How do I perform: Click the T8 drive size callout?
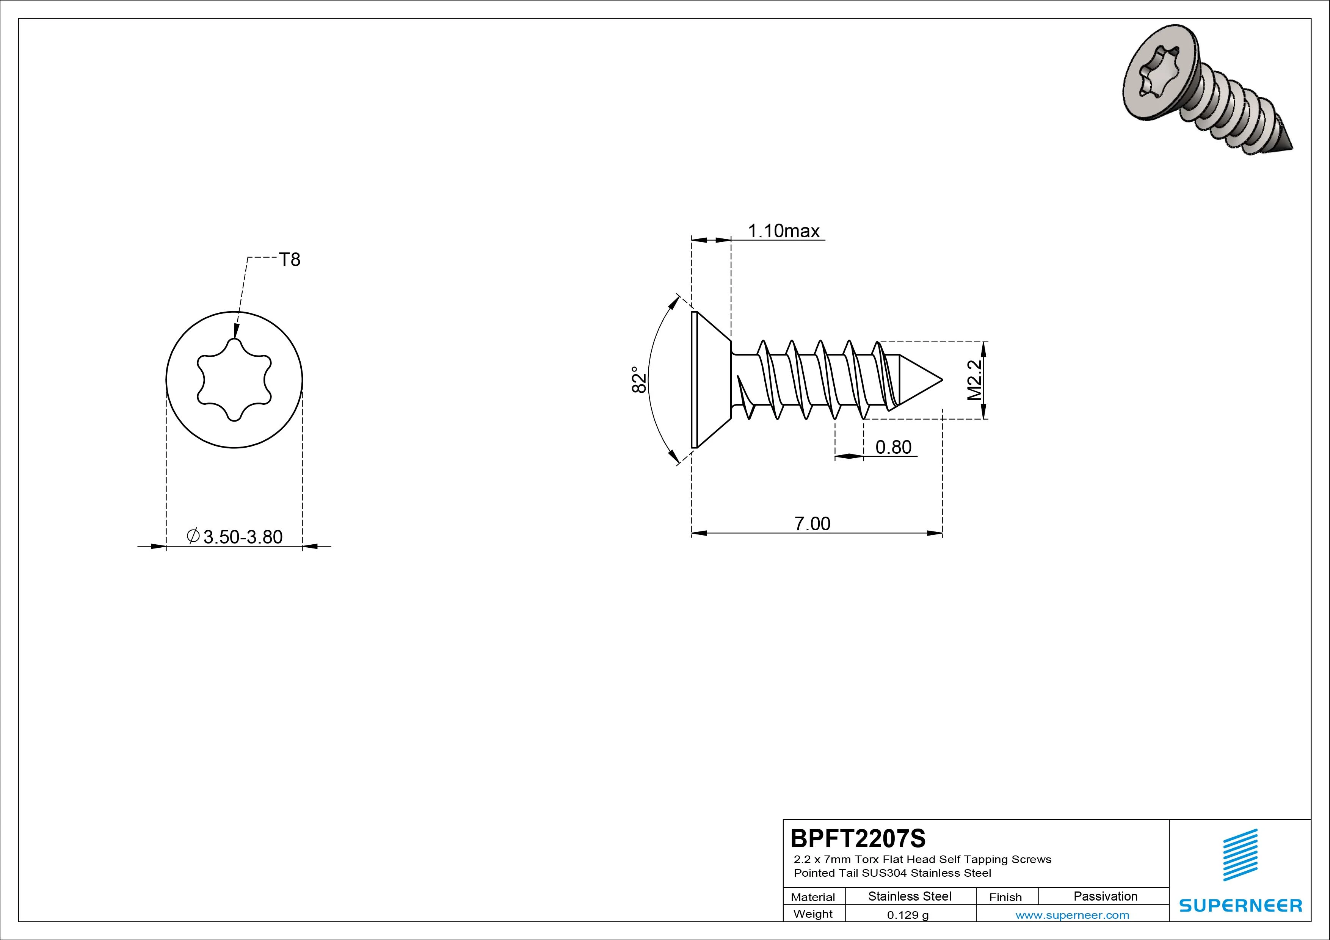[290, 260]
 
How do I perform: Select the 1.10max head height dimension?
[783, 231]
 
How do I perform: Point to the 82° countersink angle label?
[638, 379]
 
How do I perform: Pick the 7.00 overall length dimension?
[812, 523]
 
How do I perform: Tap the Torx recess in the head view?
[234, 380]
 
